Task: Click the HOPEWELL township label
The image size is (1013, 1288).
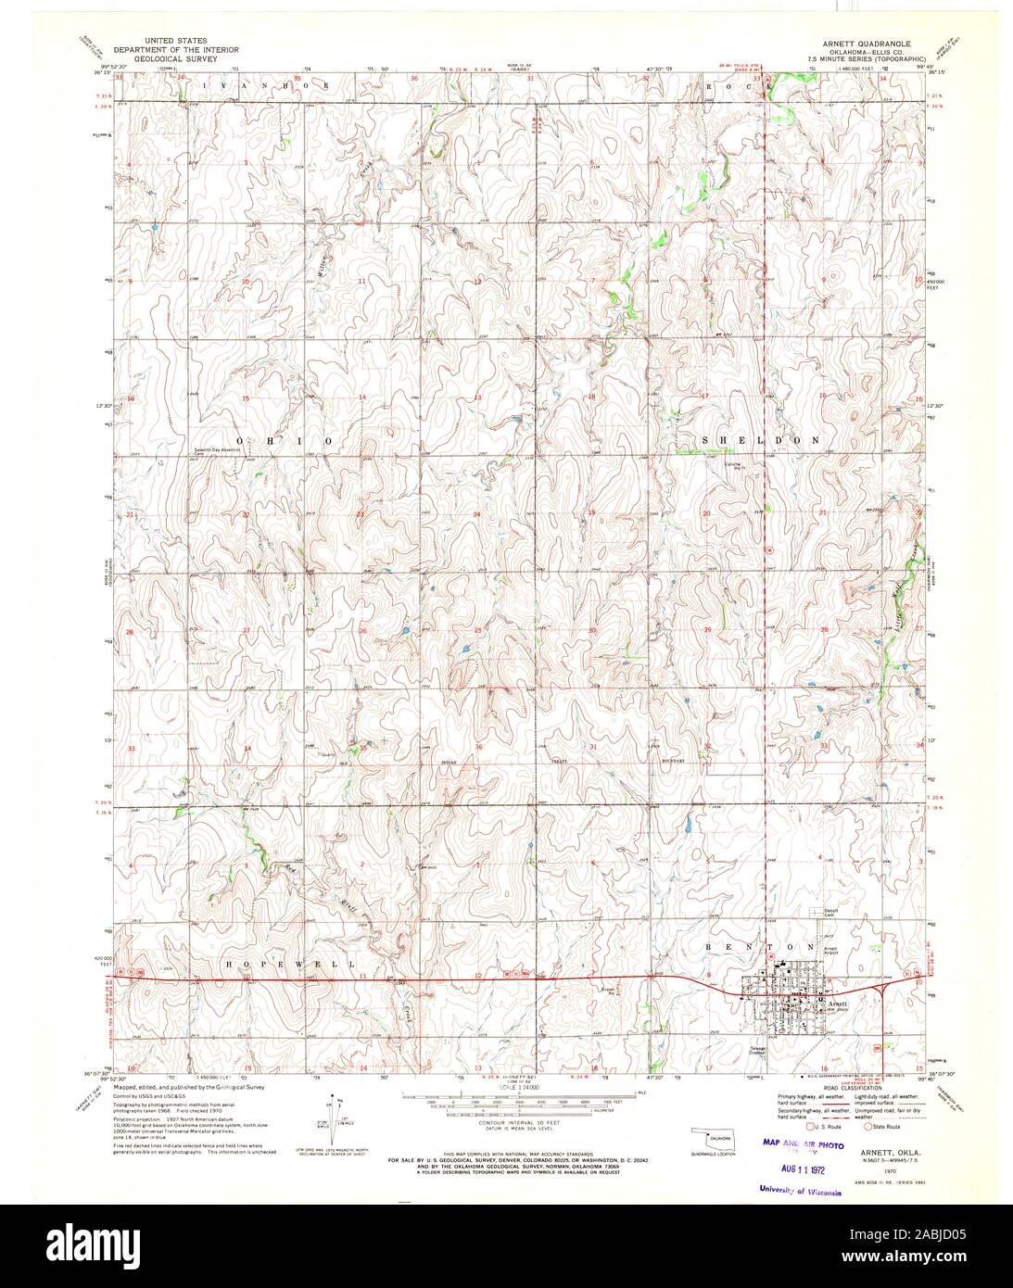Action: coord(291,965)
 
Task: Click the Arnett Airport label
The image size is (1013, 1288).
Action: coord(831,951)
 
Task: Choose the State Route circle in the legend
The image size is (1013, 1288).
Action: coord(868,1127)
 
